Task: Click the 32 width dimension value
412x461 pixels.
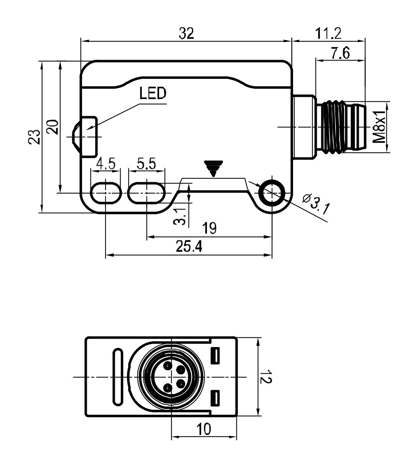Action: pyautogui.click(x=187, y=34)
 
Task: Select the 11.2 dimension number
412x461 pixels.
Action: pyautogui.click(x=328, y=34)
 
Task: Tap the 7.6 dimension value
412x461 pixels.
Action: pyautogui.click(x=340, y=53)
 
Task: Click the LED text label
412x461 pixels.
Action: pyautogui.click(x=153, y=93)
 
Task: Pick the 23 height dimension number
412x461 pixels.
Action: pyautogui.click(x=35, y=137)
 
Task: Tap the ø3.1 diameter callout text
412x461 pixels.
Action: pyautogui.click(x=316, y=202)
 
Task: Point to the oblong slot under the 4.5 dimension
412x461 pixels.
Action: pyautogui.click(x=106, y=192)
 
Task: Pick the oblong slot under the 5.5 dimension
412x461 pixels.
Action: pyautogui.click(x=147, y=192)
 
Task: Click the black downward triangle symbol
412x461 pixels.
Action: pyautogui.click(x=213, y=168)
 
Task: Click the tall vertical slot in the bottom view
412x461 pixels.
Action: pyautogui.click(x=117, y=376)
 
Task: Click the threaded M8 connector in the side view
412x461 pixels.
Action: pyautogui.click(x=339, y=127)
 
